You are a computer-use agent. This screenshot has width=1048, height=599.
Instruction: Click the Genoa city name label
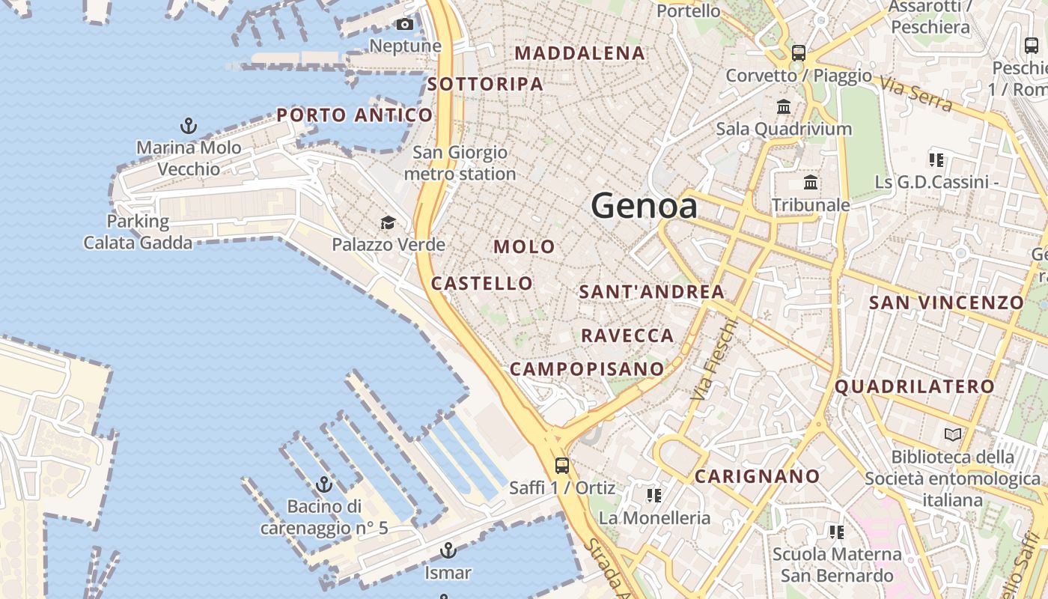coord(645,205)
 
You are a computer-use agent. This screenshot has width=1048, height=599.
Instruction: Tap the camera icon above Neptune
coord(405,25)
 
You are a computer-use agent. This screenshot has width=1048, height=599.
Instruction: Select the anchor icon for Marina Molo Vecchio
coord(189,126)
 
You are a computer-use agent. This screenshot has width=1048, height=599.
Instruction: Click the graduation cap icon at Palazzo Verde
coord(388,222)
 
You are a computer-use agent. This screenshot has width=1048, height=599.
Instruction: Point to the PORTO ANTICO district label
coord(355,115)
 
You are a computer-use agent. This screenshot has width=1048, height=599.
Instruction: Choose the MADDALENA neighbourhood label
coord(580,53)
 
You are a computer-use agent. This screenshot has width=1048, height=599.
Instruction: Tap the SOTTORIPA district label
coord(485,84)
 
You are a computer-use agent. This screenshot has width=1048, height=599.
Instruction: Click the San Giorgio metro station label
coord(460,163)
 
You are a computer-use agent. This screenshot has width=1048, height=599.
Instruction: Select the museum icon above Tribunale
coord(811,183)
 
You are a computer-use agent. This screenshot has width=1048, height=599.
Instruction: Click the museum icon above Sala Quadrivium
coord(784,106)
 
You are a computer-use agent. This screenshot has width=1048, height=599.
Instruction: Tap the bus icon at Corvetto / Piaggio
coord(799,53)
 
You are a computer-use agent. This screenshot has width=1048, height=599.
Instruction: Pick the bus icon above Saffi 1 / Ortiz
coord(562,466)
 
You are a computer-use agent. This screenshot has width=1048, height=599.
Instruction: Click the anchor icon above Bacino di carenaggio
coord(324,484)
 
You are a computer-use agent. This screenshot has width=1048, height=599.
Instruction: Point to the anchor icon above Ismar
coord(448,551)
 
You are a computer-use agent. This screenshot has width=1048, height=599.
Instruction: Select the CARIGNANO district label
coord(758,476)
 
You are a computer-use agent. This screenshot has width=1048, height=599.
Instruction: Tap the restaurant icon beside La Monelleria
coord(654,496)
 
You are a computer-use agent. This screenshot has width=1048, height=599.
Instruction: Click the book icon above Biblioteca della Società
coord(953,434)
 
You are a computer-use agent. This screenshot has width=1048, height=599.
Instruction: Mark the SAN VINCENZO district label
coord(946,302)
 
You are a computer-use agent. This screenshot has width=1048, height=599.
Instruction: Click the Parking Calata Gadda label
coord(138,232)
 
